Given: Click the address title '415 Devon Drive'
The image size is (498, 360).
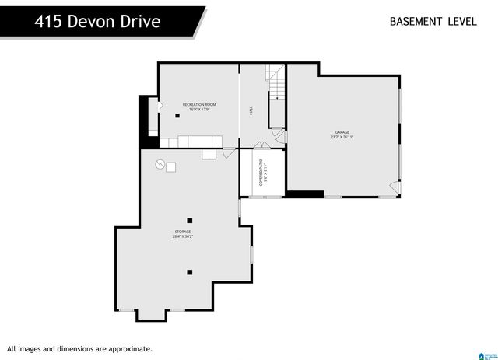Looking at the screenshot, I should pyautogui.click(x=97, y=21).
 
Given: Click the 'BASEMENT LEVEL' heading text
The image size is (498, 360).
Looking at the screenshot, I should pyautogui.click(x=433, y=21).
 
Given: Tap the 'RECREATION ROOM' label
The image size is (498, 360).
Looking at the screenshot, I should pyautogui.click(x=199, y=104).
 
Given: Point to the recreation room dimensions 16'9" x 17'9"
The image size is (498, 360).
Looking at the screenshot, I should pyautogui.click(x=199, y=110).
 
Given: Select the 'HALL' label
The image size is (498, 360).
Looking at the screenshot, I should pyautogui.click(x=251, y=111).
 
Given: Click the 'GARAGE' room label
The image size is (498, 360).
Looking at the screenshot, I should pyautogui.click(x=342, y=132).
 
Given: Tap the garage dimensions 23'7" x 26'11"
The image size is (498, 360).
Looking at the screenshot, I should pyautogui.click(x=342, y=138).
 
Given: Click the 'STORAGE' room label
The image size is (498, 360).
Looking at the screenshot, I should pyautogui.click(x=183, y=232).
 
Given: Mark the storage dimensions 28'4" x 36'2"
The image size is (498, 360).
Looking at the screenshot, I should pyautogui.click(x=183, y=237).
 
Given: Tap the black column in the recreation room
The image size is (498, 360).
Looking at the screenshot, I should pyautogui.click(x=177, y=116).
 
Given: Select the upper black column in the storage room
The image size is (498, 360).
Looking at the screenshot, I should pyautogui.click(x=189, y=220).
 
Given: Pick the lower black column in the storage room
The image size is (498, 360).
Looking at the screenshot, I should pyautogui.click(x=189, y=272).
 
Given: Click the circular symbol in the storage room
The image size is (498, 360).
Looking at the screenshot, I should pyautogui.click(x=160, y=164).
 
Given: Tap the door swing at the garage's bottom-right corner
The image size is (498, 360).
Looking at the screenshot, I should pyautogui.click(x=394, y=187).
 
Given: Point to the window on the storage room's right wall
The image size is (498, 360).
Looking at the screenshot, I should pyautogui.click(x=251, y=254).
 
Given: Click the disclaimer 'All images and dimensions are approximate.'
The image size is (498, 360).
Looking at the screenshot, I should pyautogui.click(x=79, y=349).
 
